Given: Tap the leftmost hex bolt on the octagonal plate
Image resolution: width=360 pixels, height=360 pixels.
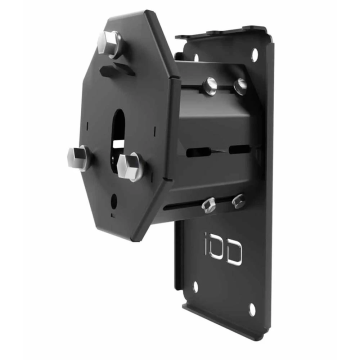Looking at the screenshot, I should tap(78, 157).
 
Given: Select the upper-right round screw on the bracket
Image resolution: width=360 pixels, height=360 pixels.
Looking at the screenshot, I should tap(241, 88).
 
